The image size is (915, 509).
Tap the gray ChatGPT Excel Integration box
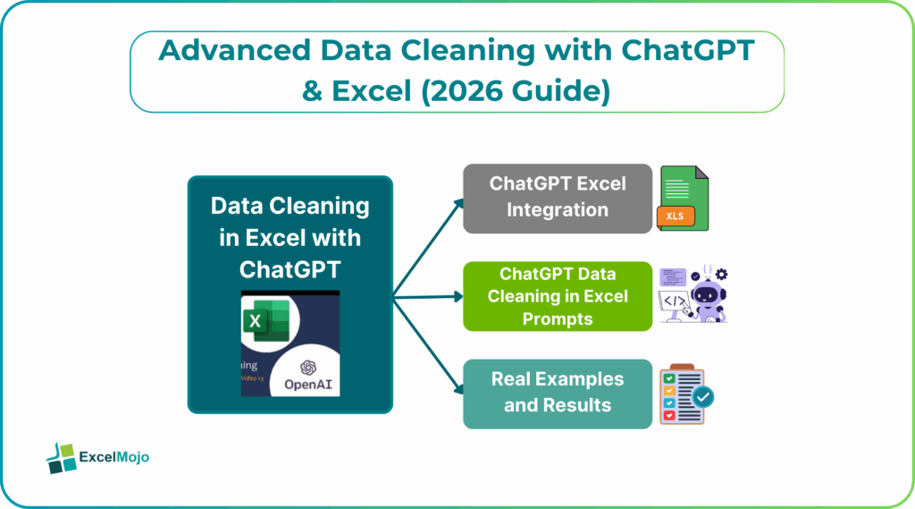point(557,198)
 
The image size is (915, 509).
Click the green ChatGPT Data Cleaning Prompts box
point(557,296)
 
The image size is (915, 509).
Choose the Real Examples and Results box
point(557,393)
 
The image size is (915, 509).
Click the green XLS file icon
point(684,197)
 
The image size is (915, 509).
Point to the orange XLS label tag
point(676,216)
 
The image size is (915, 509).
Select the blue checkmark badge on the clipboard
point(701,396)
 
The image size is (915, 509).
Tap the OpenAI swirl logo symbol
point(309,369)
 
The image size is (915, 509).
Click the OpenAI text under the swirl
point(309,386)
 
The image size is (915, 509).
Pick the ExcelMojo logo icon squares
point(61,457)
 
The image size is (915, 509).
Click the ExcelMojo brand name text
point(114,457)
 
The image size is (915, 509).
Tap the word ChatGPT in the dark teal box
point(290,267)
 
